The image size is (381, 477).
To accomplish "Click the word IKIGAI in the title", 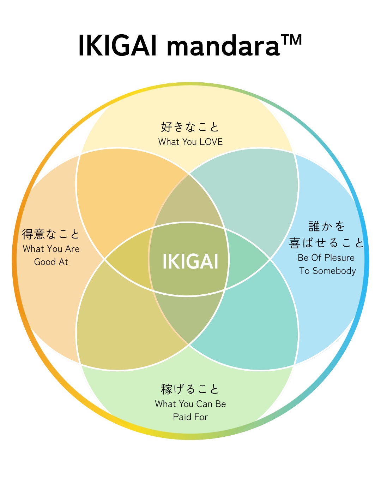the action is [x=118, y=46].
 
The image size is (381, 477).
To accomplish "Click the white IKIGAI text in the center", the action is [x=190, y=261].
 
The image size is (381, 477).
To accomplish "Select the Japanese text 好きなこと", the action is [x=190, y=127].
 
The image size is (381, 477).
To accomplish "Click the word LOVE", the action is [x=211, y=142].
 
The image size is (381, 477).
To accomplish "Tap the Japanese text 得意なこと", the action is [x=51, y=234].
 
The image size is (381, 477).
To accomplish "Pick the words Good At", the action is [x=51, y=262].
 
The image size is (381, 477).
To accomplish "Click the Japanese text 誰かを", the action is [x=327, y=226].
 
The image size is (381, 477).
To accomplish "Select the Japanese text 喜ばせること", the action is [x=326, y=242].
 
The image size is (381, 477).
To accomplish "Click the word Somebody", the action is [x=334, y=271].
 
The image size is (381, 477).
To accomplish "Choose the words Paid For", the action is [x=190, y=417].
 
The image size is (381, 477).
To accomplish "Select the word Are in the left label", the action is [x=72, y=249].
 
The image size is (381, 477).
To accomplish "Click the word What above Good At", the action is [x=32, y=249].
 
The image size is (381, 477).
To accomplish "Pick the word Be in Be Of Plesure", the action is [x=303, y=258].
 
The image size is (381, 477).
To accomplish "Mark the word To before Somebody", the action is [x=304, y=271].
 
